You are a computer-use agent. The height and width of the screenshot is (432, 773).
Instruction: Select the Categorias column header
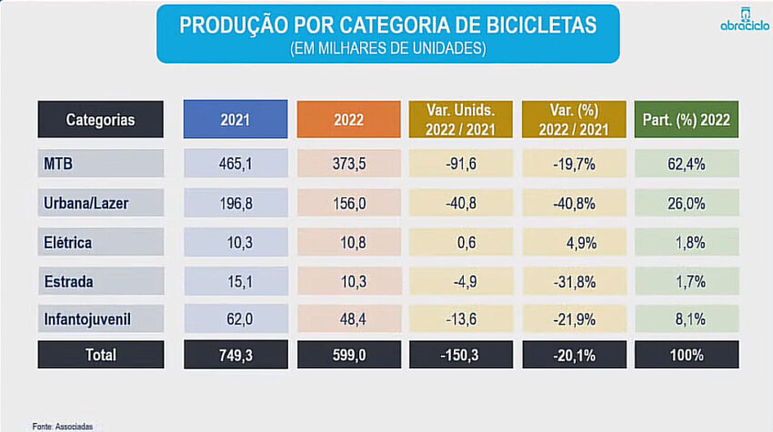pos(100,119)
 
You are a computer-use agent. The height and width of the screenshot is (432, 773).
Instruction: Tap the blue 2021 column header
pos(236,119)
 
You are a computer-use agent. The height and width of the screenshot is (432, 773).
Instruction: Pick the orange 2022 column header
pos(348,119)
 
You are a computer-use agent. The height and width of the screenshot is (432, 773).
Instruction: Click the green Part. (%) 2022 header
pos(686,119)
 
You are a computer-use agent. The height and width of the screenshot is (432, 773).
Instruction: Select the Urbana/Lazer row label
pos(86,204)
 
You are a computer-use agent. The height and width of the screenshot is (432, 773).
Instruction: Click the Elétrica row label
pos(68,243)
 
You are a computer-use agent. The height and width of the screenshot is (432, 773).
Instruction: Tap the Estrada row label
pos(69,282)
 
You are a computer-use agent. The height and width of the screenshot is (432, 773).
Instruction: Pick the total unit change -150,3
pos(461,355)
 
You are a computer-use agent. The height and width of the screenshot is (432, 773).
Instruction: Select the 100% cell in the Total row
pos(686,355)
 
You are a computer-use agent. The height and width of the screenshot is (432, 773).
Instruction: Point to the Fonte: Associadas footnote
pos(63,426)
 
